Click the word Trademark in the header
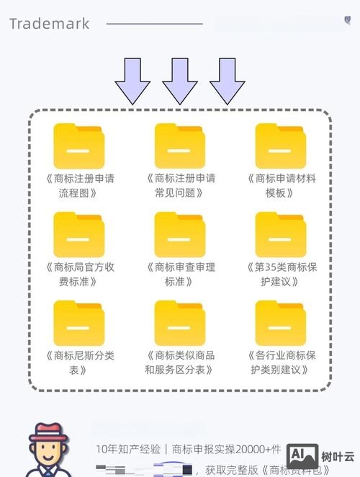point(49,24)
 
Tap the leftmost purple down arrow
point(132,80)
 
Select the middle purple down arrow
point(180,80)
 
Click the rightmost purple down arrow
point(228,80)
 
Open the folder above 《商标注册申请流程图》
point(79,146)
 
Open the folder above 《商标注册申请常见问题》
point(180,146)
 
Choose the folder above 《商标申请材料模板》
point(281,146)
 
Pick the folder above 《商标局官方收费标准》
point(79,235)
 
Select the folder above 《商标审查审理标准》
point(180,235)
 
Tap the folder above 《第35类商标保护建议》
point(281,235)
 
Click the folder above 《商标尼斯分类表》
point(79,324)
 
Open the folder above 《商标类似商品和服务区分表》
point(180,324)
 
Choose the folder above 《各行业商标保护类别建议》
point(281,324)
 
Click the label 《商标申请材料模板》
point(281,185)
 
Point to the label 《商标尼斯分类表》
point(79,362)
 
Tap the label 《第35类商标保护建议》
point(281,274)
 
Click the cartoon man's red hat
point(47,432)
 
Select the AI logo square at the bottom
point(302,456)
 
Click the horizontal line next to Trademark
point(155,24)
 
